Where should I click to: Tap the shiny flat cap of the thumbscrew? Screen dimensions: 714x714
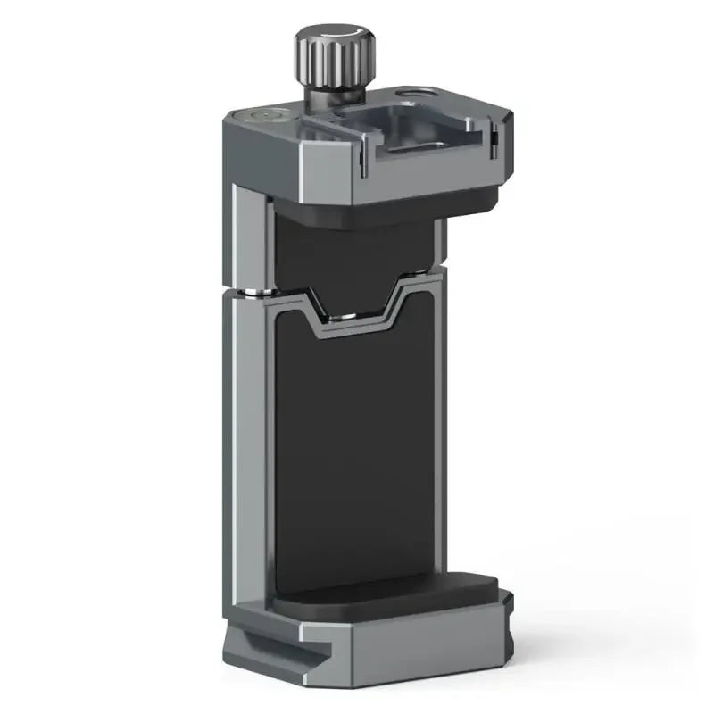coord(333,37)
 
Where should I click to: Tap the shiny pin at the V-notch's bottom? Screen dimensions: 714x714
coord(350,314)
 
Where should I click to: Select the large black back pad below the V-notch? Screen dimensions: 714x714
coord(357,446)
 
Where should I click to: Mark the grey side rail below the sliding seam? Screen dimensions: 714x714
coord(245,446)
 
